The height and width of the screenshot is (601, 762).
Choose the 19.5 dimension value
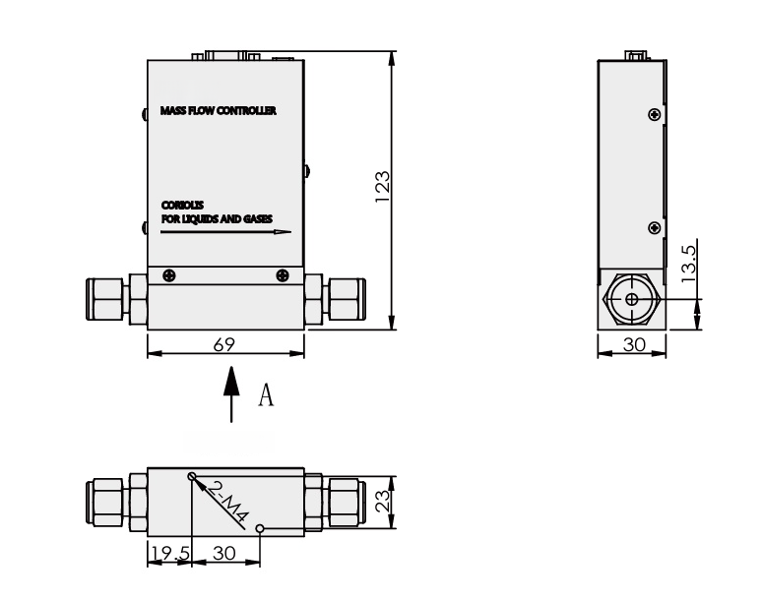167,553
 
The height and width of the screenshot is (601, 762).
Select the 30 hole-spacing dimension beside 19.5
224,553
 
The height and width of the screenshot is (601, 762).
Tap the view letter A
265,395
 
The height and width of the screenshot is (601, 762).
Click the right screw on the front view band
284,275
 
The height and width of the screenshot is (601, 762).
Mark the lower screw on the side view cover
654,228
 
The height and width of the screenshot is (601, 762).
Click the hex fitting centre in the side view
630,299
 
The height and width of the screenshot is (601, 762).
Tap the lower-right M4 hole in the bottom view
259,529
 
